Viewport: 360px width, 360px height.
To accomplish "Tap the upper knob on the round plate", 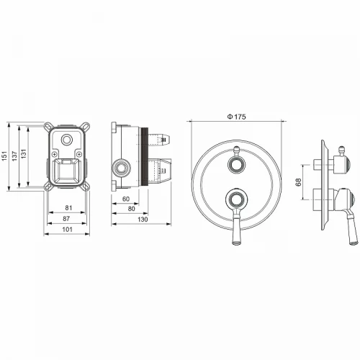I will pyautogui.click(x=235, y=165).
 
